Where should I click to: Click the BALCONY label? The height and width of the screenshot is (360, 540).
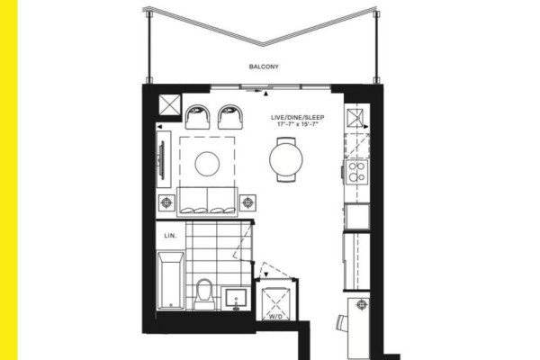264,67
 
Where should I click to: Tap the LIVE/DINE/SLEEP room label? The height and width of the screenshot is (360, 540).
297,118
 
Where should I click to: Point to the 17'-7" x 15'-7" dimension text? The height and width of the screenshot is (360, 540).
297,124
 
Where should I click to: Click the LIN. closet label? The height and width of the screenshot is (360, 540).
170,236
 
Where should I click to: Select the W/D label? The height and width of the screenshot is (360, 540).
276,316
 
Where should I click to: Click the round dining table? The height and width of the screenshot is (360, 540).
286,159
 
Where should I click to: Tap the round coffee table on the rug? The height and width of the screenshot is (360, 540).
207,164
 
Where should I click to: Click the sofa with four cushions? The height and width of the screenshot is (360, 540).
207,202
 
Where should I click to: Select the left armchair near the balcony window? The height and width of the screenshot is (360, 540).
197,117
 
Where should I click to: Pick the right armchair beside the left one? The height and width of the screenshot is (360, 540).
230,117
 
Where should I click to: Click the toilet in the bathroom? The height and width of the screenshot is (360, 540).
204,294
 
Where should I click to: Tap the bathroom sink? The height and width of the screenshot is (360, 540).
236,298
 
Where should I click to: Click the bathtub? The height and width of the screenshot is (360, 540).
171,281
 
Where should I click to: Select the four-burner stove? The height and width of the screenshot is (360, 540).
357,172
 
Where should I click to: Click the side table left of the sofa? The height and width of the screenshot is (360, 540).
166,202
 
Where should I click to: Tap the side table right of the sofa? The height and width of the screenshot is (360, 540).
247,202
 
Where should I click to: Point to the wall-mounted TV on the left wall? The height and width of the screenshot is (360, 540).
161,159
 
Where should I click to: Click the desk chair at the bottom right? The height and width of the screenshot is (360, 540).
342,323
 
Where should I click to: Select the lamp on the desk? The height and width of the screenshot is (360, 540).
361,304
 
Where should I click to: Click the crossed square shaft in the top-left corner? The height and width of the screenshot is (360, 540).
170,104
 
